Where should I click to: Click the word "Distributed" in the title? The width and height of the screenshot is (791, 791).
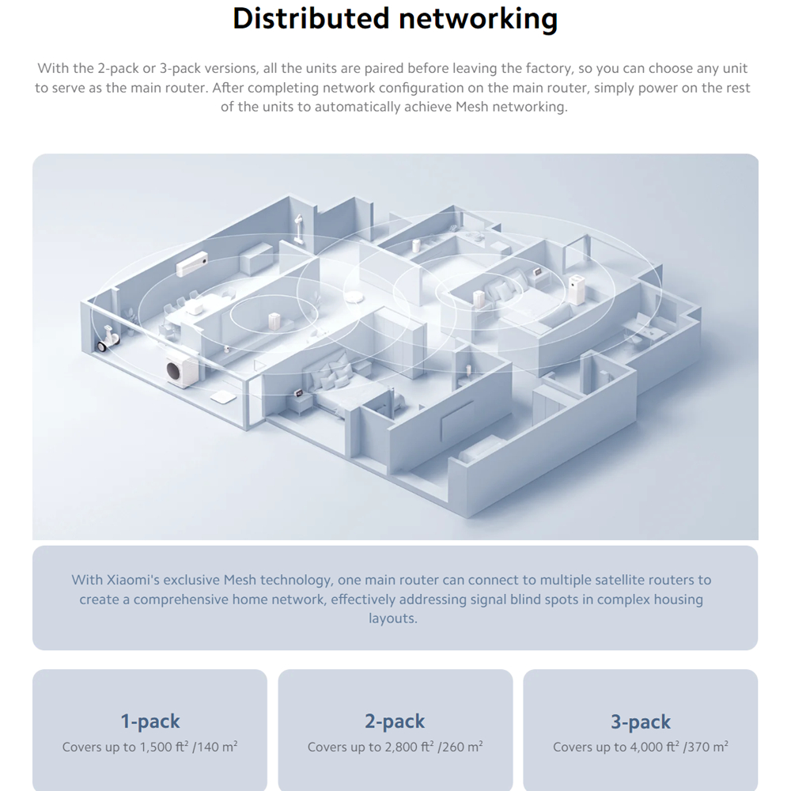click(x=311, y=19)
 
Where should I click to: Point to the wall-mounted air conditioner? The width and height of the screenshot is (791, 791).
click(x=191, y=264)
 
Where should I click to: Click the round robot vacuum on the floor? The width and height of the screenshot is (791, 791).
click(x=354, y=297)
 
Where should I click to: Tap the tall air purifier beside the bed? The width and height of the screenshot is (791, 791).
click(x=576, y=290)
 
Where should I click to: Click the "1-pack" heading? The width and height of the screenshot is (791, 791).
click(x=149, y=721)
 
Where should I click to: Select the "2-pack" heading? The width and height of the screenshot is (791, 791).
click(x=395, y=721)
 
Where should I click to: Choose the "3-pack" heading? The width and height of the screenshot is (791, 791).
click(x=641, y=722)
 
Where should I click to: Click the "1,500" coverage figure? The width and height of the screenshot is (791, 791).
click(x=155, y=747)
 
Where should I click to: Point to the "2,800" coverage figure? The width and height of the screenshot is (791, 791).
click(x=401, y=747)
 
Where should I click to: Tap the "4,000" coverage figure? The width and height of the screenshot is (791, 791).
click(x=646, y=747)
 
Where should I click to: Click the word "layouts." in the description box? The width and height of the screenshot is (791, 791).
click(x=393, y=619)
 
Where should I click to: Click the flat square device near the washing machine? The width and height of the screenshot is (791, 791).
click(x=223, y=396)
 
